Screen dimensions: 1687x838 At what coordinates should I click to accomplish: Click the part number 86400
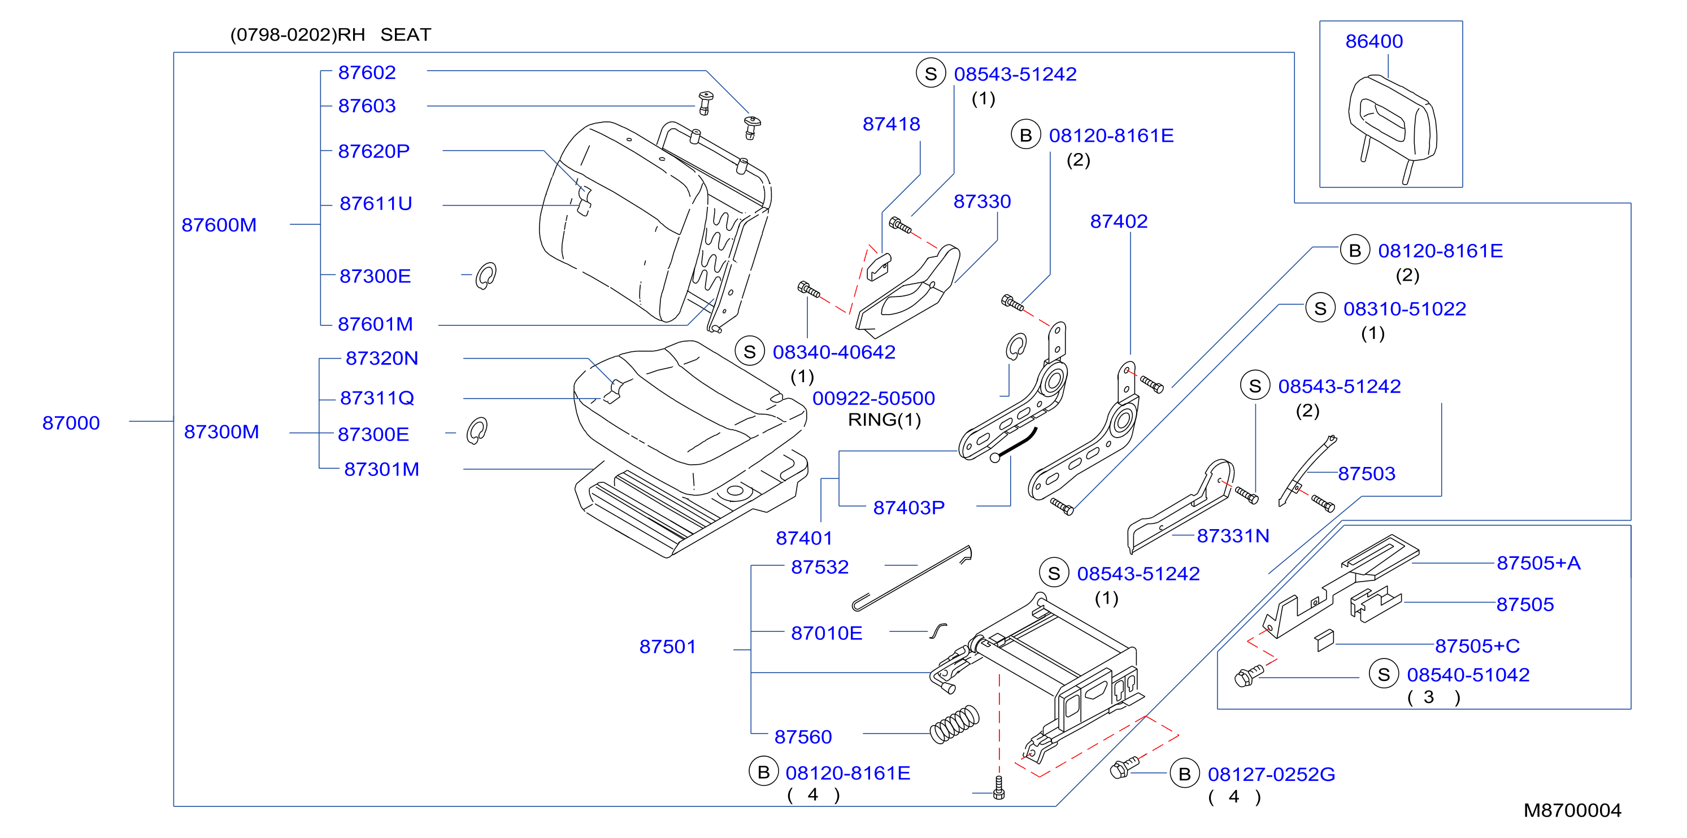(1374, 41)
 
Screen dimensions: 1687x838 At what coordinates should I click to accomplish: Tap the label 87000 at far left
(71, 423)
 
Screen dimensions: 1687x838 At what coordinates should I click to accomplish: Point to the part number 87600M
(219, 225)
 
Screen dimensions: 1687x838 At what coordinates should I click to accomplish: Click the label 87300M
(221, 431)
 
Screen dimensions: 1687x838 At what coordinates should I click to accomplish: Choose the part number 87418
(892, 124)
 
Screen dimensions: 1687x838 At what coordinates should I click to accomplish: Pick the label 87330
(982, 201)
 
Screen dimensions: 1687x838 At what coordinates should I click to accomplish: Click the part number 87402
(1119, 221)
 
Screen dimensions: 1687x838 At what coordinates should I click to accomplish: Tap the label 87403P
(909, 508)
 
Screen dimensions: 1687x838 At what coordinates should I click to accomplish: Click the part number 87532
(820, 567)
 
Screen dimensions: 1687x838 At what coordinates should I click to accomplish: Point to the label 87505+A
(1538, 563)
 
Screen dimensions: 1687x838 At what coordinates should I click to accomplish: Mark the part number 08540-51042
(1468, 675)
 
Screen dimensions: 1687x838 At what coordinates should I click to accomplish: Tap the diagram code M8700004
(1572, 810)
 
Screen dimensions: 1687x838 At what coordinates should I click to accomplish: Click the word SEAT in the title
(406, 34)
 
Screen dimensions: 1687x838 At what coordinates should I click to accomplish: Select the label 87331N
(1233, 536)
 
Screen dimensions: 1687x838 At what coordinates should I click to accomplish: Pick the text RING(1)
(884, 420)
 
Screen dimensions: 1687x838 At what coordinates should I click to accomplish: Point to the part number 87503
(1367, 473)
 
